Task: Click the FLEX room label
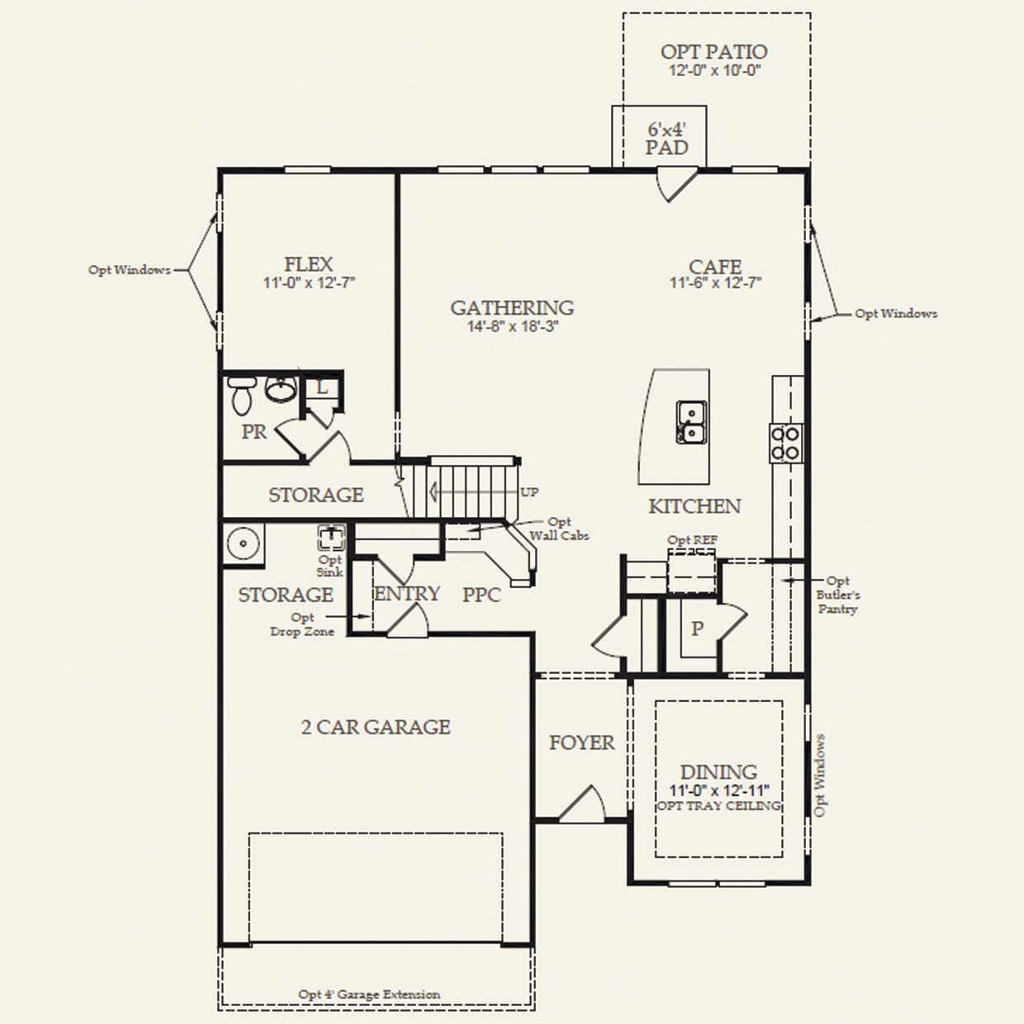pos(309,264)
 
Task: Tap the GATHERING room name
pos(512,307)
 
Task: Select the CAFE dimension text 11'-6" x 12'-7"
pos(715,283)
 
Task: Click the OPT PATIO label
pos(714,51)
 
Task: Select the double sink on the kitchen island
pos(690,421)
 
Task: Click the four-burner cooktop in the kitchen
pos(785,442)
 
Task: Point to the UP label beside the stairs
pos(529,492)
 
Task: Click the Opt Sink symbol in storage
pos(331,538)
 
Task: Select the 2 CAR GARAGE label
pos(376,727)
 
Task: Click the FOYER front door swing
pos(584,804)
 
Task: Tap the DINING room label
pos(718,771)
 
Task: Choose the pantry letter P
pos(698,628)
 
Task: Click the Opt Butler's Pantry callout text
pos(837,595)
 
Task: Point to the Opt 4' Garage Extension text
pos(369,994)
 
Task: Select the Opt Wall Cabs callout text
pos(559,529)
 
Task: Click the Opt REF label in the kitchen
pos(693,540)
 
